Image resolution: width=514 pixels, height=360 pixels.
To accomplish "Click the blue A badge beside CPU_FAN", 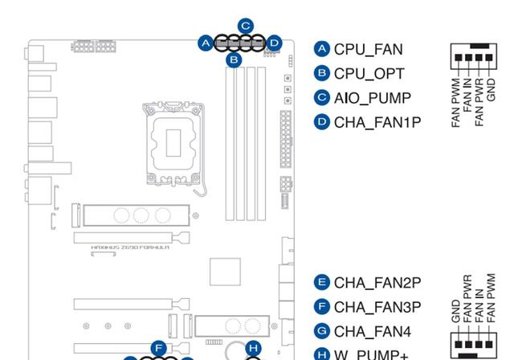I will (x=322, y=49).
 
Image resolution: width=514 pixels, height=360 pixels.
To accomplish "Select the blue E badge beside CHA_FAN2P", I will (x=322, y=282).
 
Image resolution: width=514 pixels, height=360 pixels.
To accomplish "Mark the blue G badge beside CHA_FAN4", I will (x=322, y=330).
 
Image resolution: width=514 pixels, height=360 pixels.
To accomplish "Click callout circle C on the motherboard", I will (x=247, y=26).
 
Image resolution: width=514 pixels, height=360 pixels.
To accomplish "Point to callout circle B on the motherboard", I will (x=234, y=59).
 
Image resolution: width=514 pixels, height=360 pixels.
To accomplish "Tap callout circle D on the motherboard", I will (x=274, y=43).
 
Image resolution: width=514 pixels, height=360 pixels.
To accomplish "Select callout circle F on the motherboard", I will (x=159, y=348).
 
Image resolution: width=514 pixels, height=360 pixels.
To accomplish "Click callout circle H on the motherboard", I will (x=253, y=348).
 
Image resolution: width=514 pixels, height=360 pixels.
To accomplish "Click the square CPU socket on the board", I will (x=172, y=141).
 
